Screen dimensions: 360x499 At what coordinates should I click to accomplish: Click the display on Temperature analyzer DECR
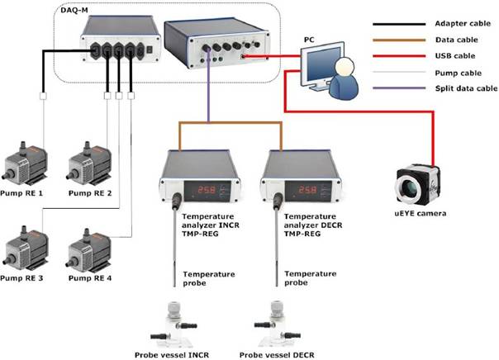(302, 190)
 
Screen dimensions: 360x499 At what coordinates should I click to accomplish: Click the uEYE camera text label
(420, 214)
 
